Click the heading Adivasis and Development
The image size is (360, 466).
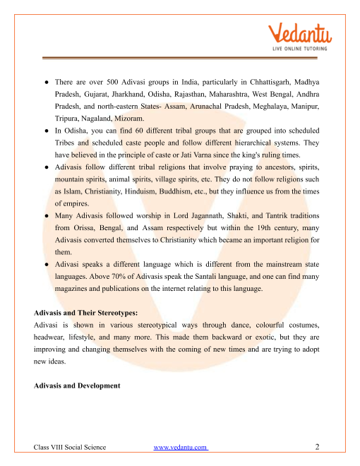[x=77, y=386]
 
